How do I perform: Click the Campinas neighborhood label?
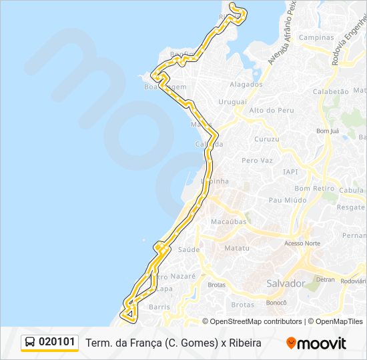tap(316, 37)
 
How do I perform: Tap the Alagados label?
tap(246, 85)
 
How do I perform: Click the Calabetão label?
tap(331, 91)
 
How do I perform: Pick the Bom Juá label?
tap(328, 131)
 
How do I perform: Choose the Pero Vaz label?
tap(258, 161)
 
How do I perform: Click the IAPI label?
tap(290, 171)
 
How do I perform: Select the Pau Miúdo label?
tap(287, 199)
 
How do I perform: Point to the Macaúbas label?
tap(228, 221)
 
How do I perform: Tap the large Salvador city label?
tap(286, 283)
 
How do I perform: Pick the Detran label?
tap(325, 279)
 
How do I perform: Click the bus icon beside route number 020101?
tap(30, 343)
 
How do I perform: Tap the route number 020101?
tap(57, 343)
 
